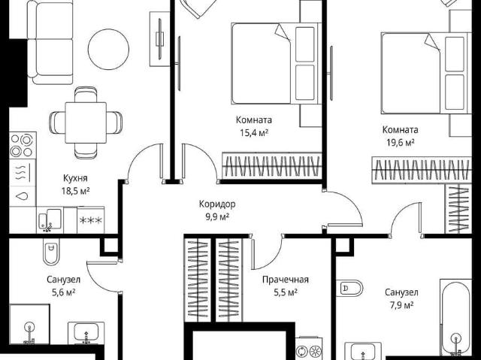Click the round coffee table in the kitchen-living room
click(108, 50)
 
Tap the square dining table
click(86, 123)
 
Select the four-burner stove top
click(23, 145)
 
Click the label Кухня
click(75, 178)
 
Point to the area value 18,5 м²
click(75, 191)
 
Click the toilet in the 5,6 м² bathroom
click(51, 251)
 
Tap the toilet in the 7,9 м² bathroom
click(349, 289)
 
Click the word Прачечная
click(286, 280)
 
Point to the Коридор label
click(217, 204)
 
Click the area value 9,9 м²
click(217, 217)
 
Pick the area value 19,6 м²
click(400, 143)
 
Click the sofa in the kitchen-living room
click(50, 42)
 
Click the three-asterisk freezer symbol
click(90, 220)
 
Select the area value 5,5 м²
click(286, 292)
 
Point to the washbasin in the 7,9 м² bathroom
click(363, 351)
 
